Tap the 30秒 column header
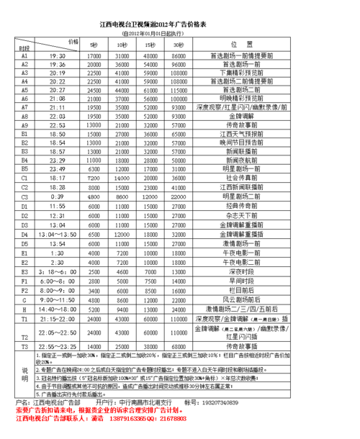(x=178, y=47)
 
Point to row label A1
(x=24, y=55)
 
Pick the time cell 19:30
(x=58, y=55)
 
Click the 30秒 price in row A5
(x=178, y=91)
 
